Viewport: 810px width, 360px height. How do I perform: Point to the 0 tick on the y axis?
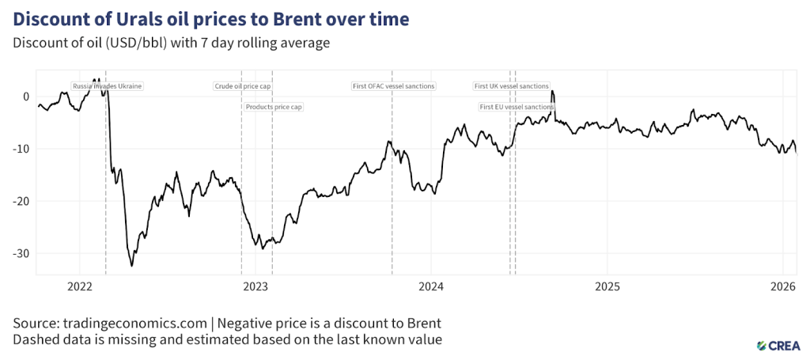click(26, 97)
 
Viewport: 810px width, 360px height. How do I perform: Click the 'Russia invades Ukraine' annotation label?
click(107, 86)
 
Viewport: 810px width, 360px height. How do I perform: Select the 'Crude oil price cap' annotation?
click(243, 86)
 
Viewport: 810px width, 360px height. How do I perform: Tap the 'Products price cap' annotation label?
click(274, 107)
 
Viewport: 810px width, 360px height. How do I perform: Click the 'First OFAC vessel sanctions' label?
click(393, 86)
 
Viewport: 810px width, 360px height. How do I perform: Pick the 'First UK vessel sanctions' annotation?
click(511, 86)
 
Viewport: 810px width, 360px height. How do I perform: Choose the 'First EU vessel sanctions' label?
click(517, 107)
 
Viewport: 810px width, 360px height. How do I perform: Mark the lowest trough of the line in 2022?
click(132, 266)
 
